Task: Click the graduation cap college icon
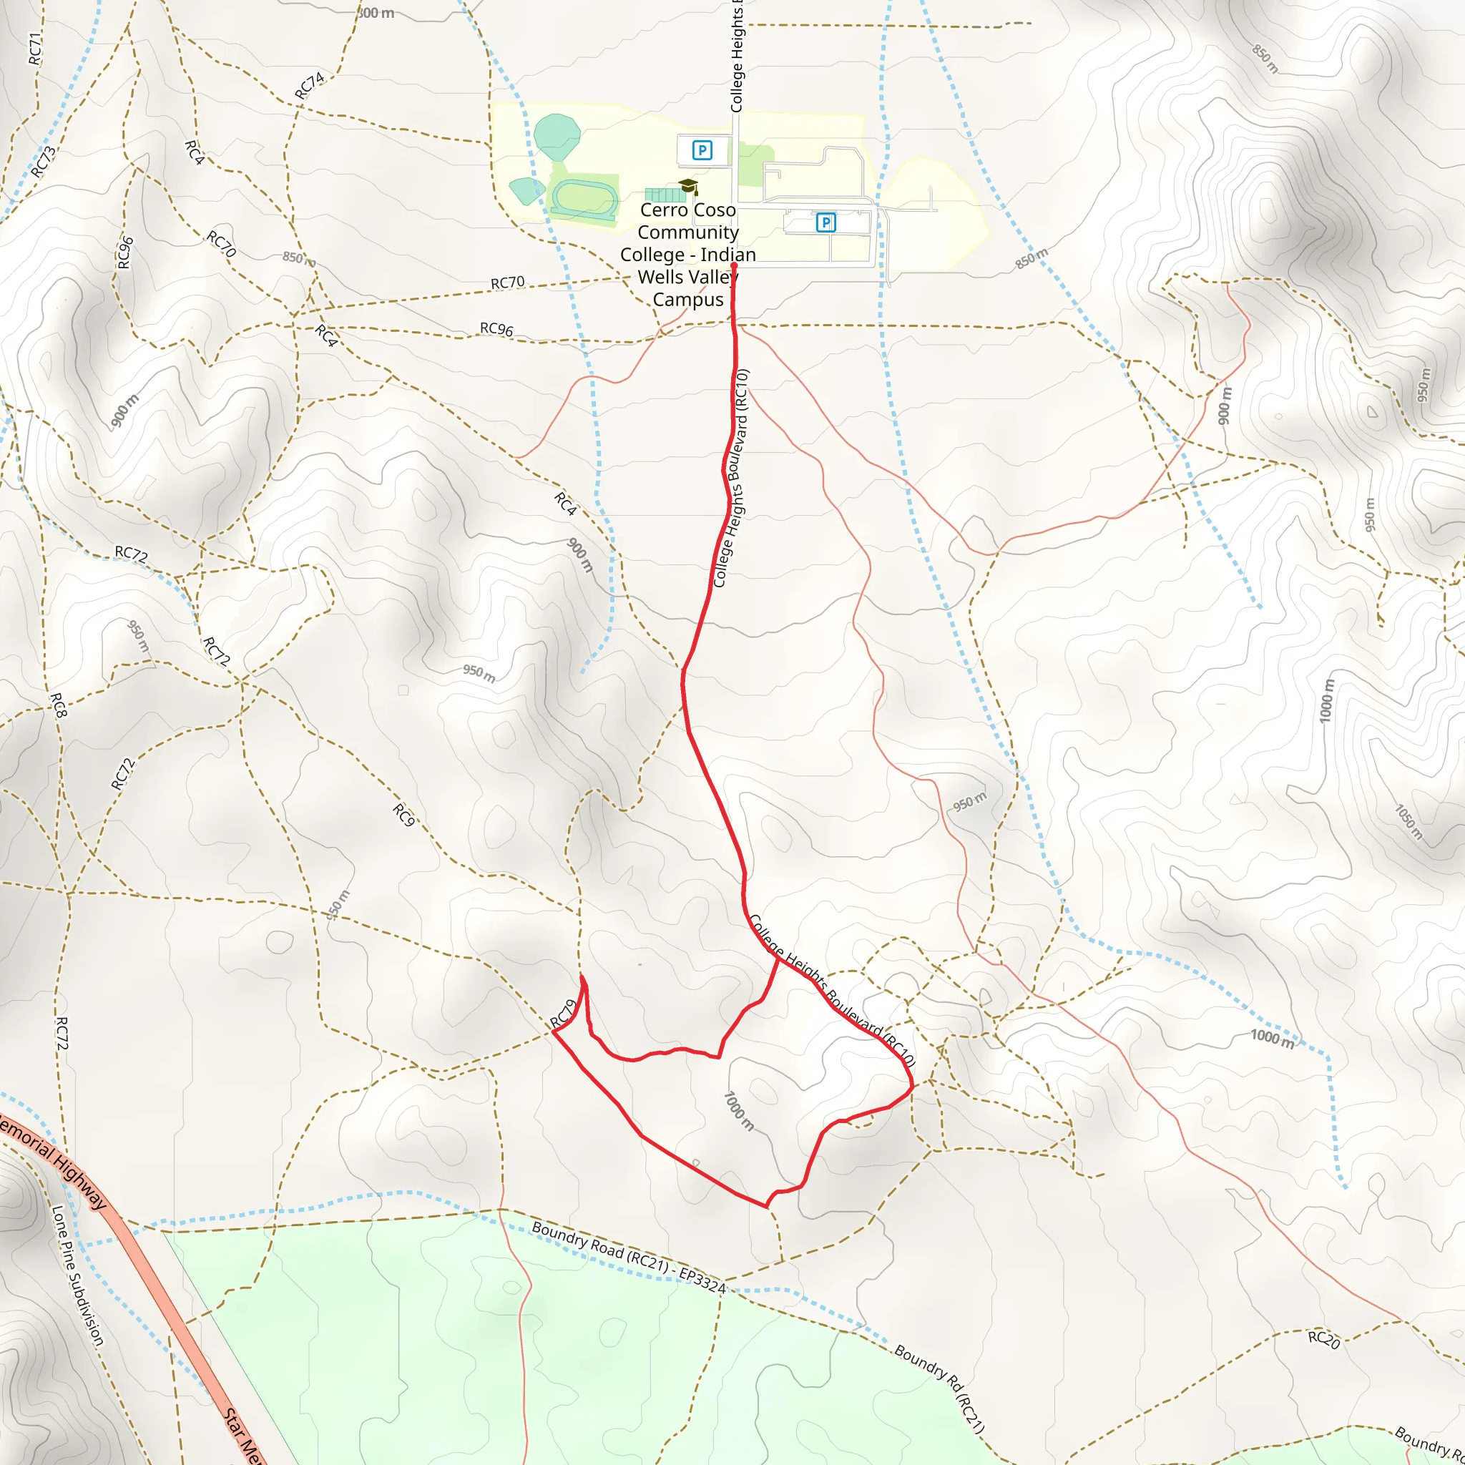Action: (687, 186)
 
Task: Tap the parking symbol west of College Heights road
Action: (702, 150)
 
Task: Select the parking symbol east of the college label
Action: (825, 222)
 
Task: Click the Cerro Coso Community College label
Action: (687, 254)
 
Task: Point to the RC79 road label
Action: (564, 1014)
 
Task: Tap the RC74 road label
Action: (309, 86)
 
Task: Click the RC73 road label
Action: (43, 162)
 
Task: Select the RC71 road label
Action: (35, 49)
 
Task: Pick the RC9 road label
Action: (403, 815)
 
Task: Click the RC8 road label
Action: (59, 705)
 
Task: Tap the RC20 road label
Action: (1324, 1339)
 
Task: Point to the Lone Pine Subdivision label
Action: (77, 1275)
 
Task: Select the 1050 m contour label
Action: (1409, 823)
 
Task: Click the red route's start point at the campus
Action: (734, 265)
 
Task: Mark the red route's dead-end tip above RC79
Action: (582, 976)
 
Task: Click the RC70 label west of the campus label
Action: (507, 283)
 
